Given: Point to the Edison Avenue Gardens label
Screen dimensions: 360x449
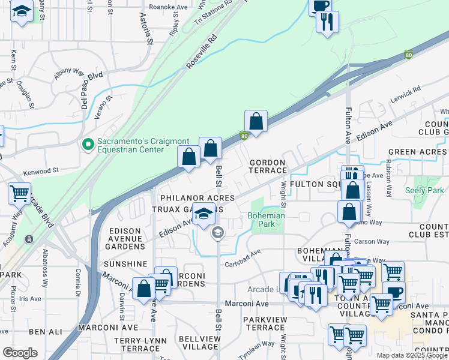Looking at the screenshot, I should pos(127,238).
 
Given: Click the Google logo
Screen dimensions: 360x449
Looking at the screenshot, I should pos(20,353).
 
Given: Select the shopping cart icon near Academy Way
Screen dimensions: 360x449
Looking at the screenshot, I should pos(19,194).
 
